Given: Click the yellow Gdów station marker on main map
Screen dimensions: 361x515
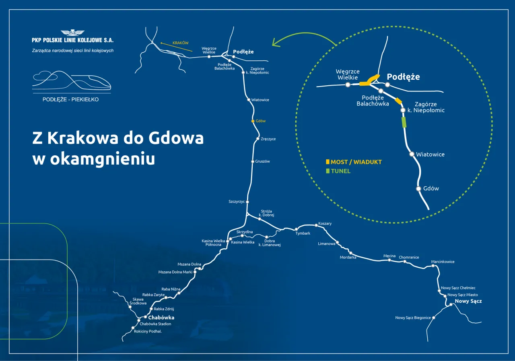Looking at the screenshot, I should (253, 121).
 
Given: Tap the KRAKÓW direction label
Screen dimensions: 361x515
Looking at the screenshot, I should (180, 43).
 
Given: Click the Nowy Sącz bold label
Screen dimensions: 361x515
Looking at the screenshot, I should (468, 301).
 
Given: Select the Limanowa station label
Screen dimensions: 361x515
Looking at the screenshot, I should (326, 243).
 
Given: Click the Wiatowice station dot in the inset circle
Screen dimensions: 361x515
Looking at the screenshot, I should (412, 154).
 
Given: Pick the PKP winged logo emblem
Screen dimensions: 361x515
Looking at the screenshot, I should (73, 33).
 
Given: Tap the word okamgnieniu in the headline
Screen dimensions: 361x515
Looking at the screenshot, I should (103, 159).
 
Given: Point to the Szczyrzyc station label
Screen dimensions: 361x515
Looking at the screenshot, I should (237, 201).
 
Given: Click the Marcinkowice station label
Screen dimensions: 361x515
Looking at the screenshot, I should (443, 262).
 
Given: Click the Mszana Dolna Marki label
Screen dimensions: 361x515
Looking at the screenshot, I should (175, 272).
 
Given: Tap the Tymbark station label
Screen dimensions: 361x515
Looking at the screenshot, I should (303, 233).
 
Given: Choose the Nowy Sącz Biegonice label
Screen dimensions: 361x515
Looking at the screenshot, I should (413, 318).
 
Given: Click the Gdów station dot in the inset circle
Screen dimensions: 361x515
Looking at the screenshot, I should (418, 188).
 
